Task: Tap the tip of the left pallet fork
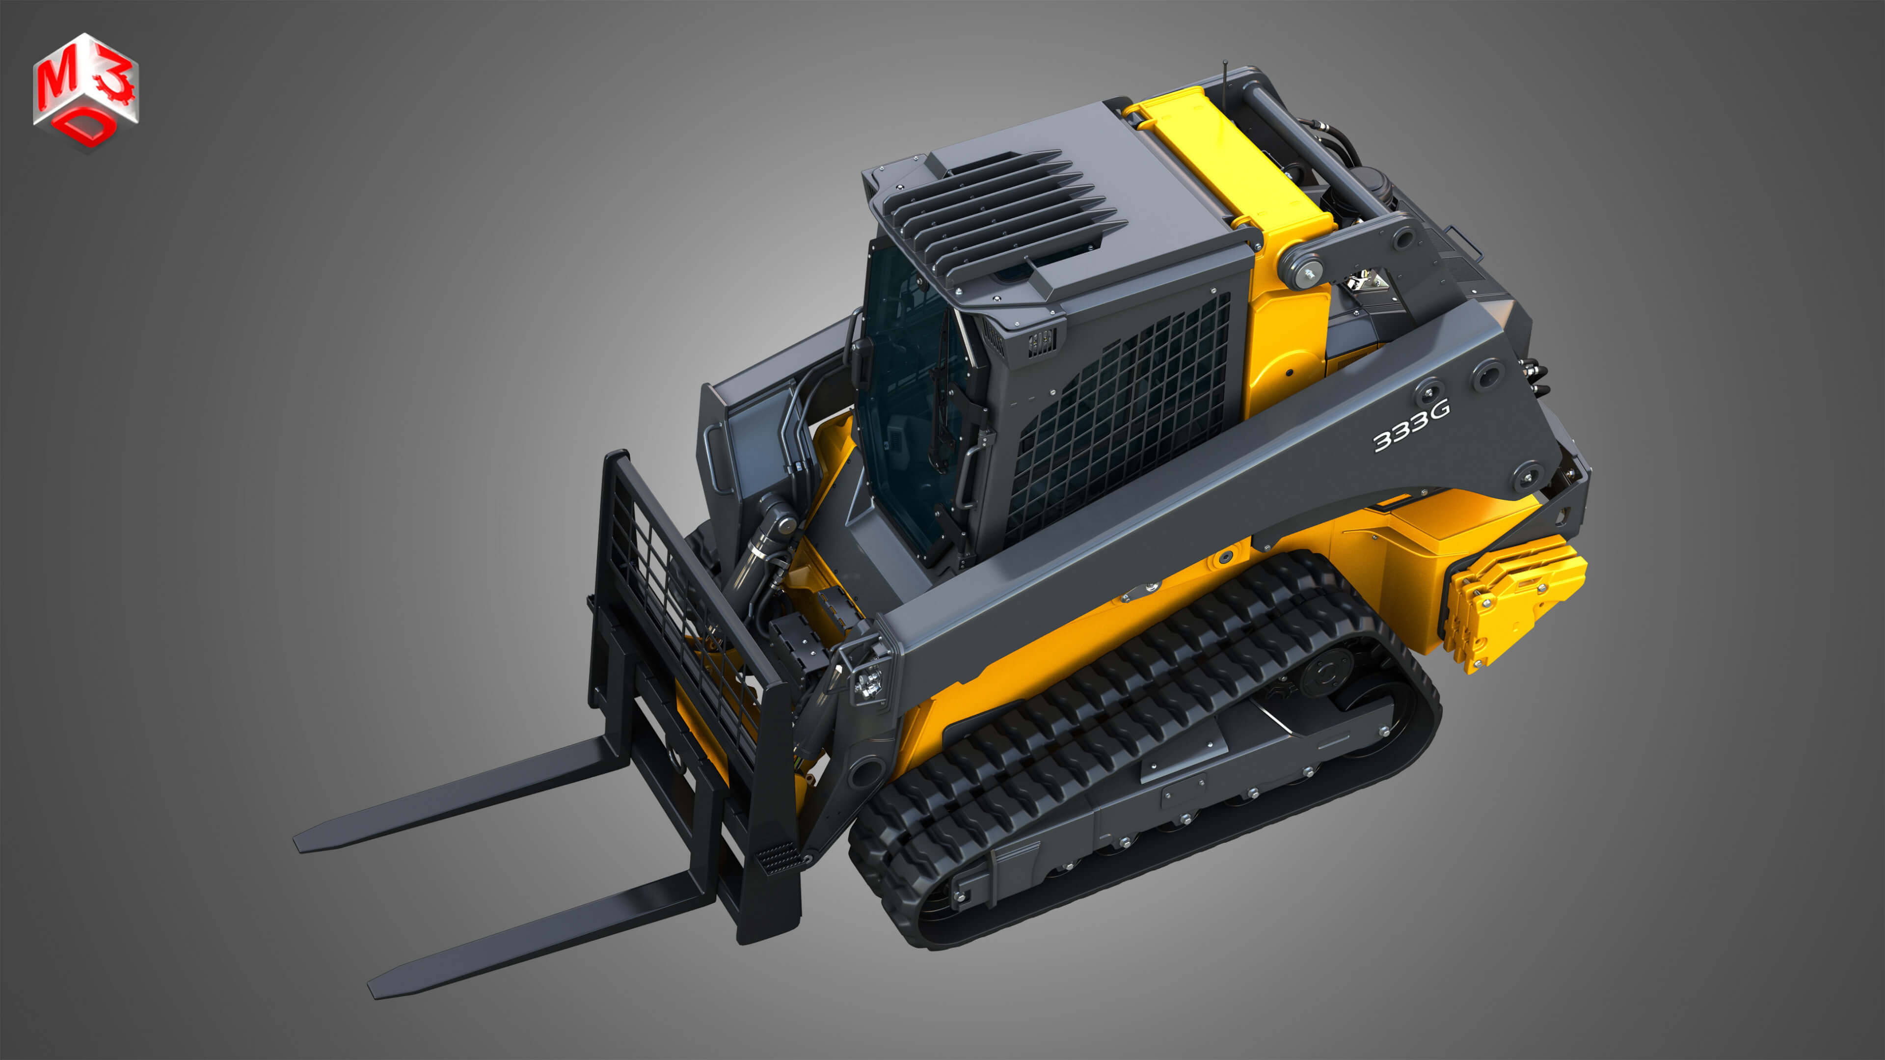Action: (301, 843)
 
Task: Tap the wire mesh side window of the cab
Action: (1120, 417)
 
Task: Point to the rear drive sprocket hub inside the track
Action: (1326, 674)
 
